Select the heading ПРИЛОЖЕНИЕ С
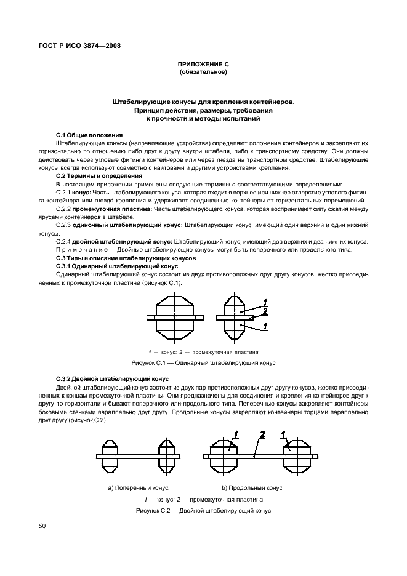[203, 65]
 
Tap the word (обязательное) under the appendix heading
[203, 73]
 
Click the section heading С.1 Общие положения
[89, 134]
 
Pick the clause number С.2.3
[65, 225]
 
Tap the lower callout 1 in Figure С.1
[265, 326]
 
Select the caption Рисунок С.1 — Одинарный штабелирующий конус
[203, 364]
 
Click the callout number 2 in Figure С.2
[263, 435]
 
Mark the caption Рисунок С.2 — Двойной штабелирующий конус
[203, 511]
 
